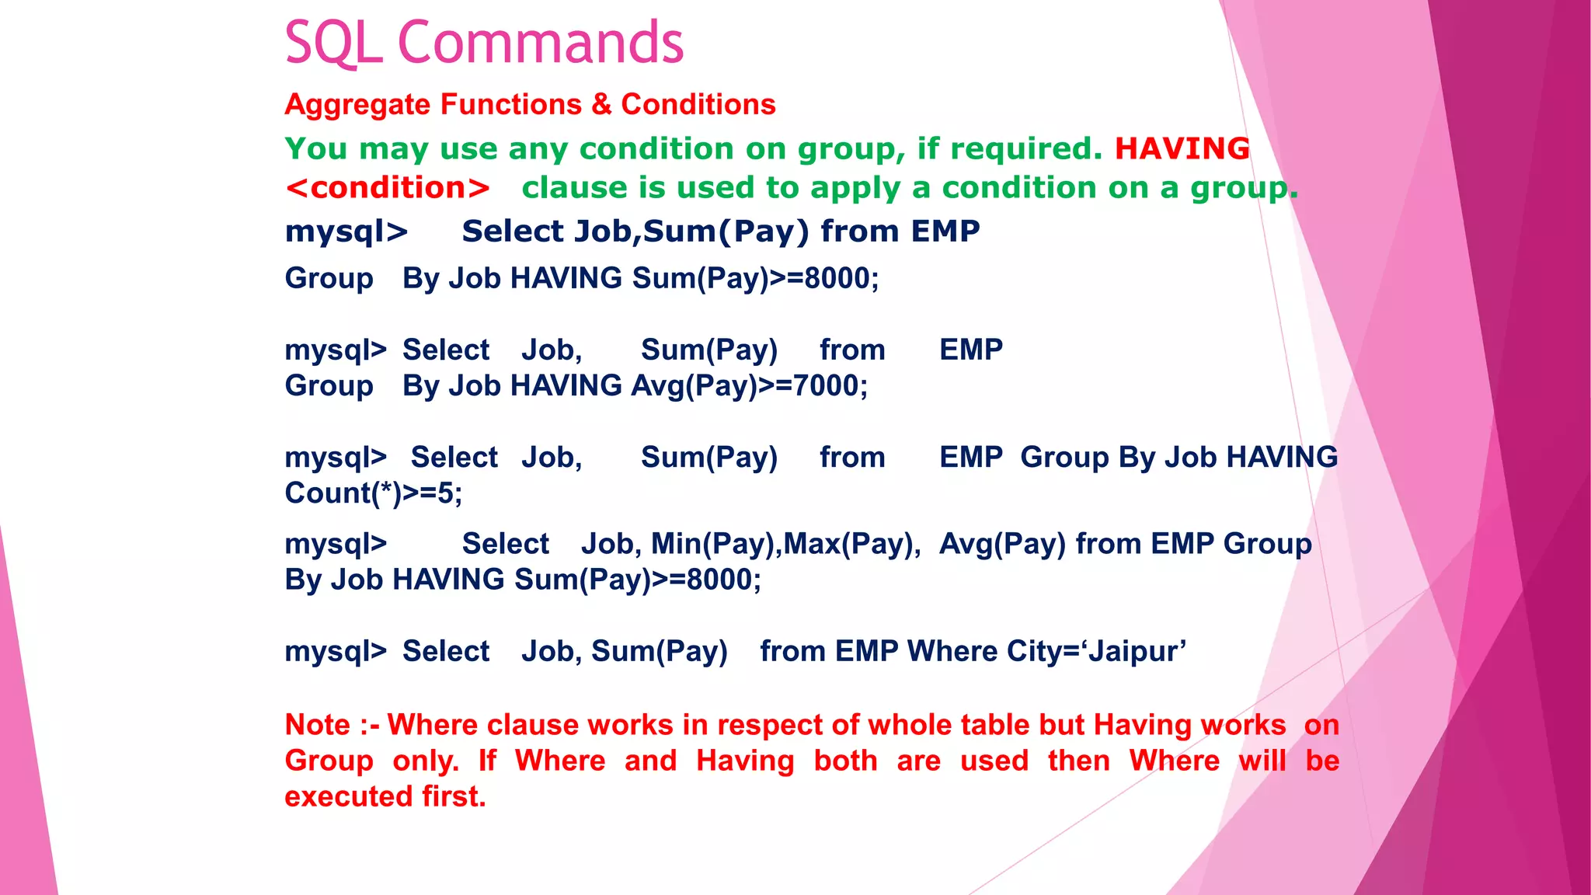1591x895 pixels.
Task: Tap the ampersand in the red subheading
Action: (601, 105)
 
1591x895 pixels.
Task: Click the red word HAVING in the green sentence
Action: (1182, 148)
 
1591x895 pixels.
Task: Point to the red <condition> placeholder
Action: (387, 188)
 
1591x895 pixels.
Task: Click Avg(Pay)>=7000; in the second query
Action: (749, 386)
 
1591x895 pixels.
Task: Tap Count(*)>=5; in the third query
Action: (373, 493)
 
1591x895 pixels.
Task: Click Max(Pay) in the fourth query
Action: (851, 544)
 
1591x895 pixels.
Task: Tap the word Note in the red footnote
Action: (317, 725)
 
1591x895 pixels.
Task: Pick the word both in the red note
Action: (845, 761)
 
